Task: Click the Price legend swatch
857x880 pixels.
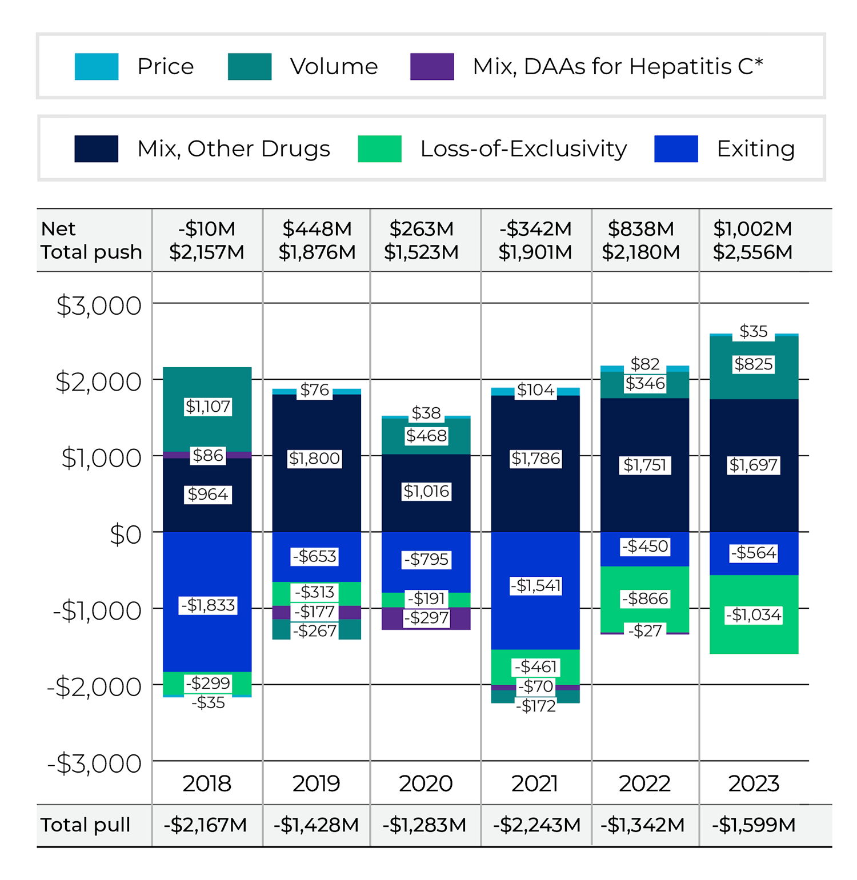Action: coord(97,66)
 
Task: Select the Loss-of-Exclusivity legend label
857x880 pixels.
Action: coord(523,148)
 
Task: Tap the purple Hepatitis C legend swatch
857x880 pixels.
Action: coord(432,66)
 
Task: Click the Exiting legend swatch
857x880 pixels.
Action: coord(676,148)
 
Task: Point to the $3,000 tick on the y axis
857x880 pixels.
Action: coord(99,306)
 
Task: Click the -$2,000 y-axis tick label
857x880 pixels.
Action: coord(94,687)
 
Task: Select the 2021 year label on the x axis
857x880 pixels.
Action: coord(535,783)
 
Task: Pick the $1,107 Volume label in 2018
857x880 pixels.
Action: coord(207,407)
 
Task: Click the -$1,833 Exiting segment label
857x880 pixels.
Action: coord(207,605)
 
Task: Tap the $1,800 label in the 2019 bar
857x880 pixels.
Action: coord(314,459)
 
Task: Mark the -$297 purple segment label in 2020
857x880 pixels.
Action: coord(426,618)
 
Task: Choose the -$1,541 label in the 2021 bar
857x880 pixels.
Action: coord(535,586)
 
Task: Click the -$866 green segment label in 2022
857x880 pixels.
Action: coord(644,598)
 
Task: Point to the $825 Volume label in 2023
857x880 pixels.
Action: coord(754,364)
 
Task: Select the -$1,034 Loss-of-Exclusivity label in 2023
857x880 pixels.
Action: coord(754,615)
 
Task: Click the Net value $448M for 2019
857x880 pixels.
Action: coord(317,229)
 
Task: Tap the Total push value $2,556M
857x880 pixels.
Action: coord(752,252)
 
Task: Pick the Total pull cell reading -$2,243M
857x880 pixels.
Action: coord(536,825)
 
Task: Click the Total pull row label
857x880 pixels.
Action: coord(86,825)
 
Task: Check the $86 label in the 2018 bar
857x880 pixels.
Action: coord(207,455)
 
